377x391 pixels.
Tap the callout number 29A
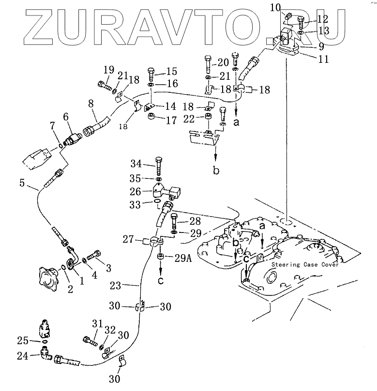(x=183, y=258)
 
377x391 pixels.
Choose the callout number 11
(x=323, y=59)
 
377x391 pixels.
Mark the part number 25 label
(x=22, y=341)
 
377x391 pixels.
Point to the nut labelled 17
(x=151, y=117)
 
